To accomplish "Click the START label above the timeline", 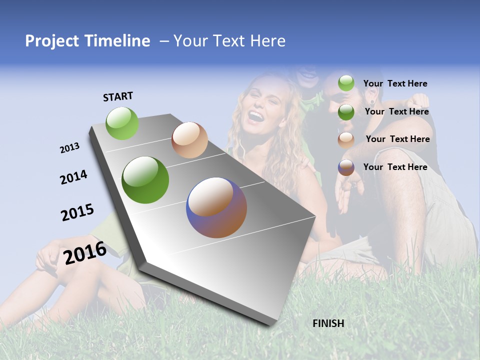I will pyautogui.click(x=118, y=96).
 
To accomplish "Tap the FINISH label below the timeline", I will pyautogui.click(x=328, y=323).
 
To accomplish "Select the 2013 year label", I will pyautogui.click(x=69, y=148).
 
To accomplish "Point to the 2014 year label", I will pyautogui.click(x=73, y=177).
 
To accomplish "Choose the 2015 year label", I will pyautogui.click(x=77, y=212).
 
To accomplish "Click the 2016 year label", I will pyautogui.click(x=85, y=252).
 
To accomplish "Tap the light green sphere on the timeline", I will pyautogui.click(x=122, y=123).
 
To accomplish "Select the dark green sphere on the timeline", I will pyautogui.click(x=145, y=180).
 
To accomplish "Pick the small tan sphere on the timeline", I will pyautogui.click(x=189, y=140).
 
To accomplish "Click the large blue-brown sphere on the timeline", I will pyautogui.click(x=216, y=207).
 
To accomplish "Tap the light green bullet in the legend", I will pyautogui.click(x=346, y=83).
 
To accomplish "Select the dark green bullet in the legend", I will pyautogui.click(x=346, y=112).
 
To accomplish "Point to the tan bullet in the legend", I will pyautogui.click(x=346, y=139).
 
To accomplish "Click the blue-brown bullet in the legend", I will pyautogui.click(x=346, y=167).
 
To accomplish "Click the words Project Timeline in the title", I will pyautogui.click(x=87, y=41).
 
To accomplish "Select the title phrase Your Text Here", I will pyautogui.click(x=229, y=41).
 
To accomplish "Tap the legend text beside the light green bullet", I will pyautogui.click(x=395, y=83).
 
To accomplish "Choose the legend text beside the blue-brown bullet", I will pyautogui.click(x=395, y=167).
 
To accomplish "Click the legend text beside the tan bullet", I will pyautogui.click(x=397, y=139).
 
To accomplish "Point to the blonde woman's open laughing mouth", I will pyautogui.click(x=256, y=116).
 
